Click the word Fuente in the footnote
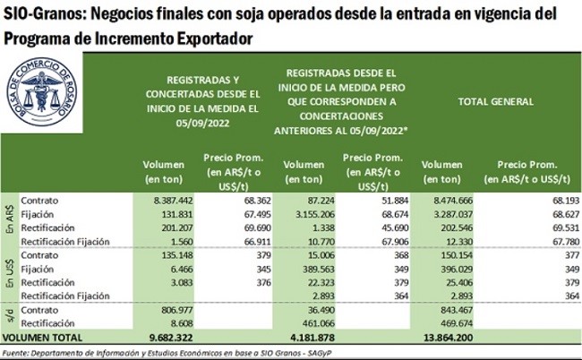tap(20, 352)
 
